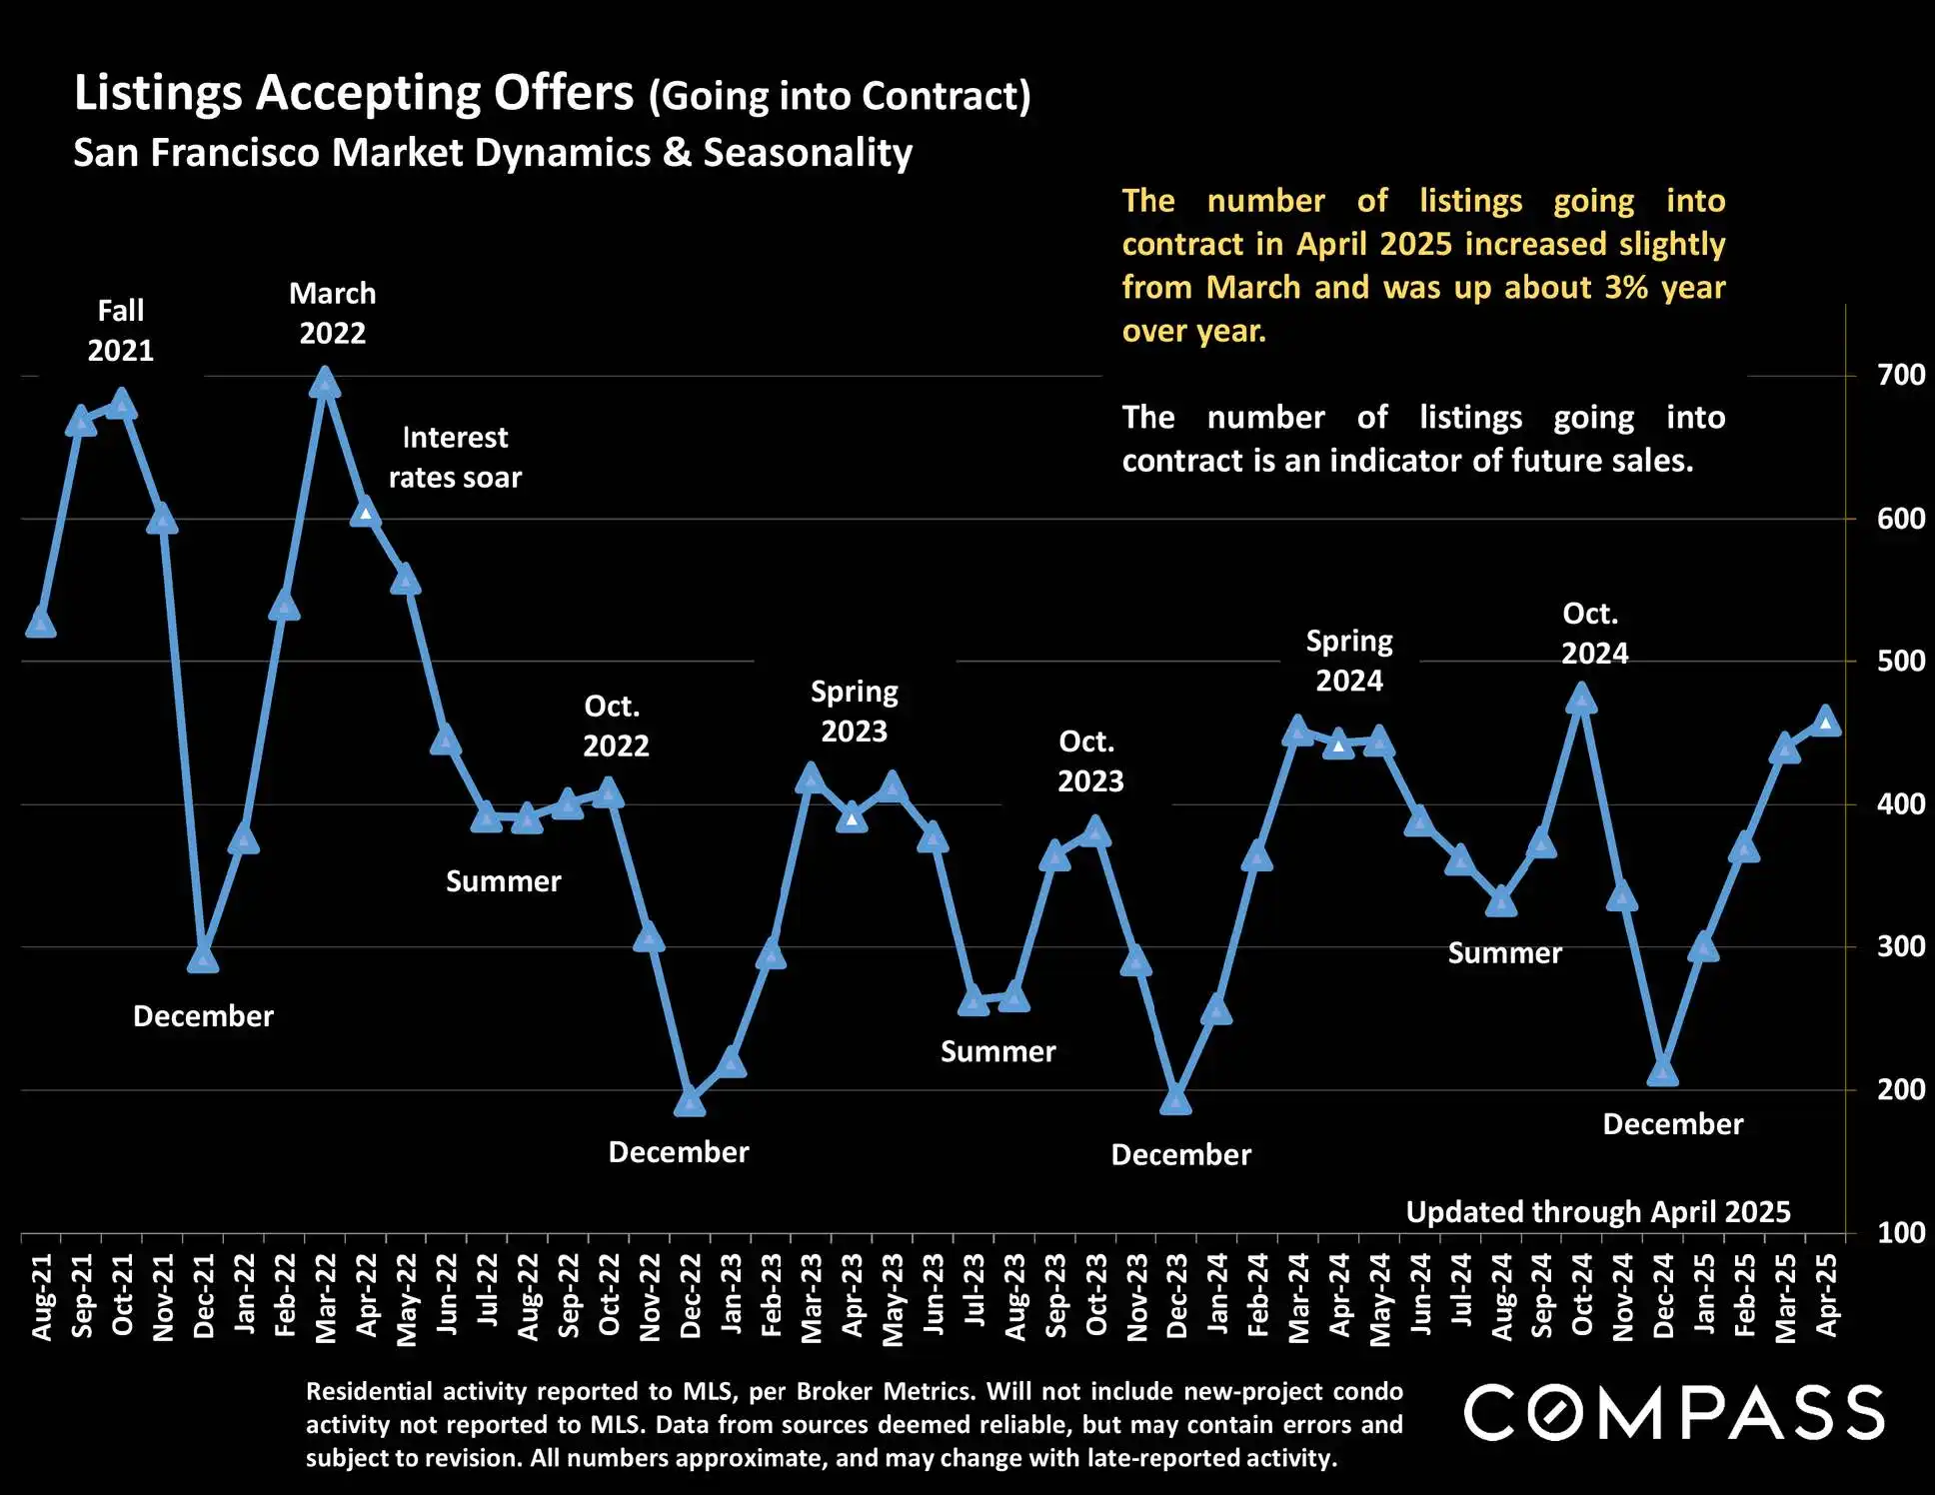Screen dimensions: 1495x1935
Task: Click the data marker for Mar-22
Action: tap(324, 383)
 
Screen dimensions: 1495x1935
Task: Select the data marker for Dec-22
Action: tap(690, 1102)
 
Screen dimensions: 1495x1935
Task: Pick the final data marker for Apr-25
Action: tap(1825, 722)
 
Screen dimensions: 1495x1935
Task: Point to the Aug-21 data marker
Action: tap(41, 623)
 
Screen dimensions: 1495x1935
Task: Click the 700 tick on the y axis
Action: tap(1900, 376)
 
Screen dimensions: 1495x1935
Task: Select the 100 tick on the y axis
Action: tap(1900, 1233)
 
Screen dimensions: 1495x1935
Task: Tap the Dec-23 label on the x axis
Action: tap(1177, 1296)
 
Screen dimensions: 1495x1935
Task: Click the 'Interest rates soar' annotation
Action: tap(455, 458)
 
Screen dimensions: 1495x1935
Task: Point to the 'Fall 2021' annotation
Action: tap(121, 331)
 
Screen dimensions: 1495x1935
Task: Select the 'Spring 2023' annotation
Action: tap(854, 712)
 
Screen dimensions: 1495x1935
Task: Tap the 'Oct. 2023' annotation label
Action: tap(1089, 761)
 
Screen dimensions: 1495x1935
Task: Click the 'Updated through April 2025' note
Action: tap(1597, 1212)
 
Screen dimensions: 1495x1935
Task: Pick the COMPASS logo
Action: tap(1674, 1413)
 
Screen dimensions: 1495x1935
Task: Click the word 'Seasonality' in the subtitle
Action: tap(808, 153)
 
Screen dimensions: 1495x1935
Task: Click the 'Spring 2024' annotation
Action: tap(1348, 661)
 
